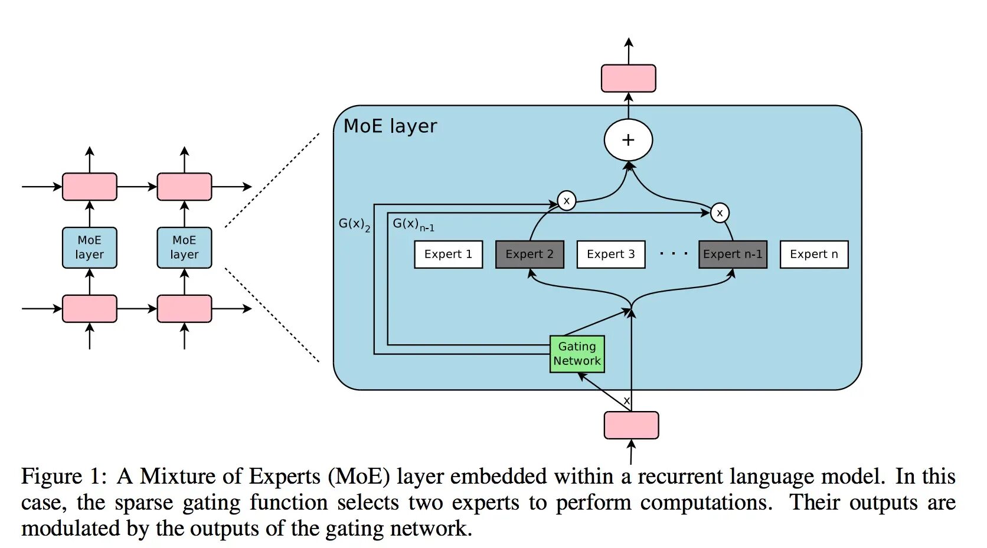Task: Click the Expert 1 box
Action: coord(448,255)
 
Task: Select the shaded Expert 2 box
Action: coord(530,255)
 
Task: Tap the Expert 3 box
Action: coord(611,255)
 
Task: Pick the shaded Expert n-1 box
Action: coord(733,255)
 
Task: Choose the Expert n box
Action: coord(814,255)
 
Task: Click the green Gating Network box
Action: coord(577,354)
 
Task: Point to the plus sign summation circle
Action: coord(628,140)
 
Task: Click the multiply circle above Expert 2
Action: coord(567,201)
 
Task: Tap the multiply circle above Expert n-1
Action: coord(720,213)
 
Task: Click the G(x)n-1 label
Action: coord(413,224)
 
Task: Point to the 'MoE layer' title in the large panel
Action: coord(390,126)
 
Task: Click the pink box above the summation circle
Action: coord(628,79)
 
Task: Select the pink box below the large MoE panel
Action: coord(632,425)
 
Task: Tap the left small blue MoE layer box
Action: coord(90,248)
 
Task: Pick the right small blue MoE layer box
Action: coord(184,248)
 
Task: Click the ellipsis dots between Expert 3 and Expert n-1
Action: coord(674,254)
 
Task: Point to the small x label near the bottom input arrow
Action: coord(626,401)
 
